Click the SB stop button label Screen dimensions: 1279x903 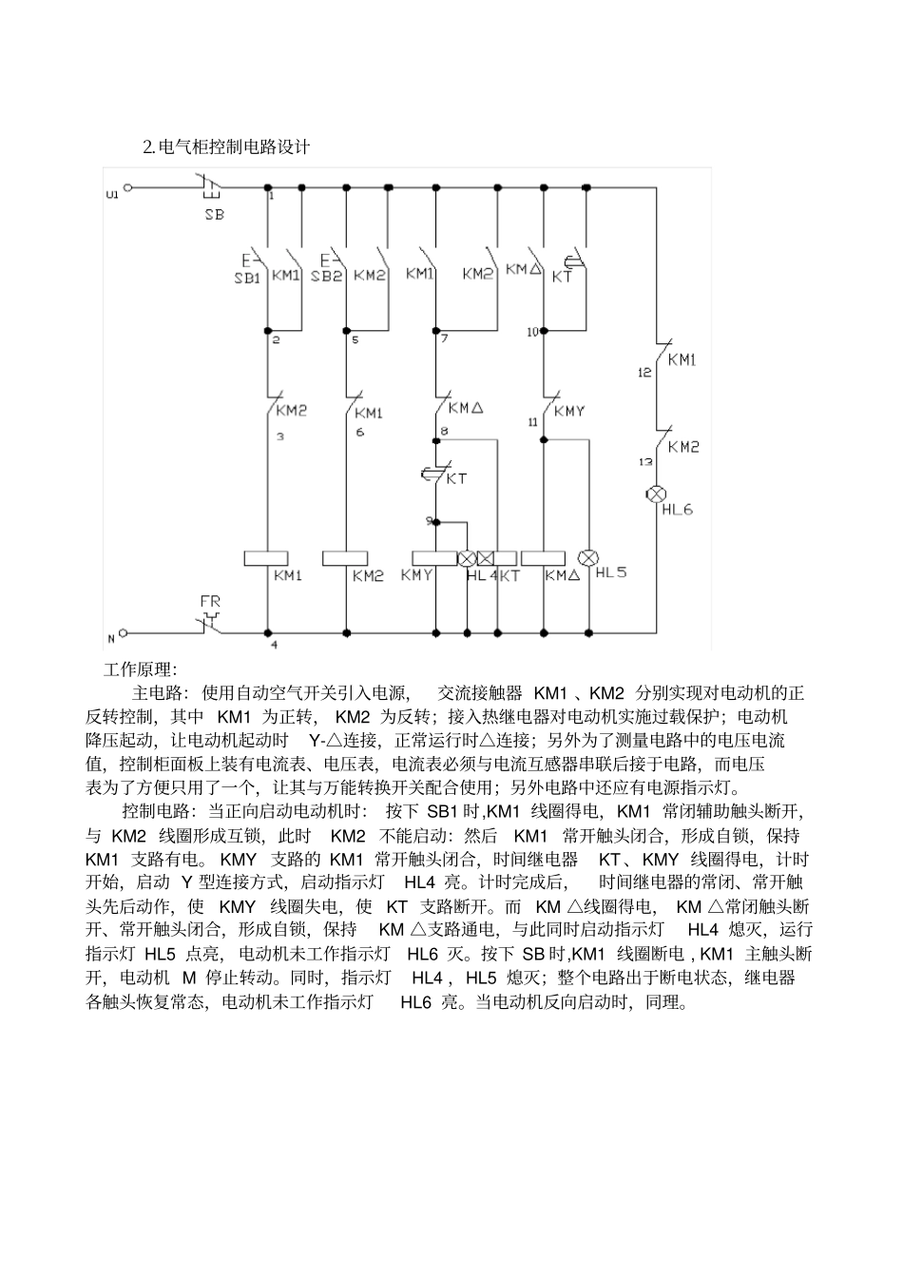215,214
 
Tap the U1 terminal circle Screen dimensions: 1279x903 127,188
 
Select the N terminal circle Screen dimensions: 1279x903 126,632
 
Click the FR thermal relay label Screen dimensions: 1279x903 210,602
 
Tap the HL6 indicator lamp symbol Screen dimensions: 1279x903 656,494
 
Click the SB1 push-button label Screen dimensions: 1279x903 246,277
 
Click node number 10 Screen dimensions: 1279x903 531,331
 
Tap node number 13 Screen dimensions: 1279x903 645,460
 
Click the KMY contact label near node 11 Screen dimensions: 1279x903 569,411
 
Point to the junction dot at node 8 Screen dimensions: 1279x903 435,439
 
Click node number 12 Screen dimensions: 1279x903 644,372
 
